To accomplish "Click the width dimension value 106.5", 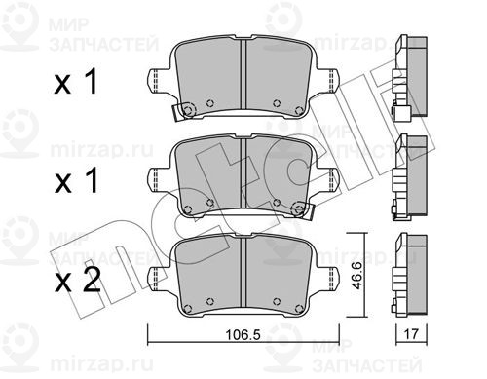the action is click(243, 334).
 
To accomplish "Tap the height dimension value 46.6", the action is click(357, 276).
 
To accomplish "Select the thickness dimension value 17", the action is click(411, 333).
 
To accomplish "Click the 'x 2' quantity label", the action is click(77, 282).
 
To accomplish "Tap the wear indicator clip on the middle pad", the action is click(303, 210).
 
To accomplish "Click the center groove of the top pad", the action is click(243, 74).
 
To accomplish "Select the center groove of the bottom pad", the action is click(243, 272).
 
